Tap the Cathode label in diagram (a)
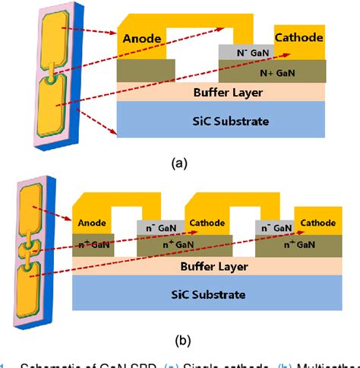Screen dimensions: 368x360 pos(299,36)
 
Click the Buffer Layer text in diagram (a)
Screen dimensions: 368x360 pos(222,91)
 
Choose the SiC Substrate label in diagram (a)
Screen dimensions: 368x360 pos(222,120)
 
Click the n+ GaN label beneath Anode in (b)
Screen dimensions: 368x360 pos(92,245)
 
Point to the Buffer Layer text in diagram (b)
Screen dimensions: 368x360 pos(210,268)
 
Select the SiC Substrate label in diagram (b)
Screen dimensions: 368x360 pos(210,296)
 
